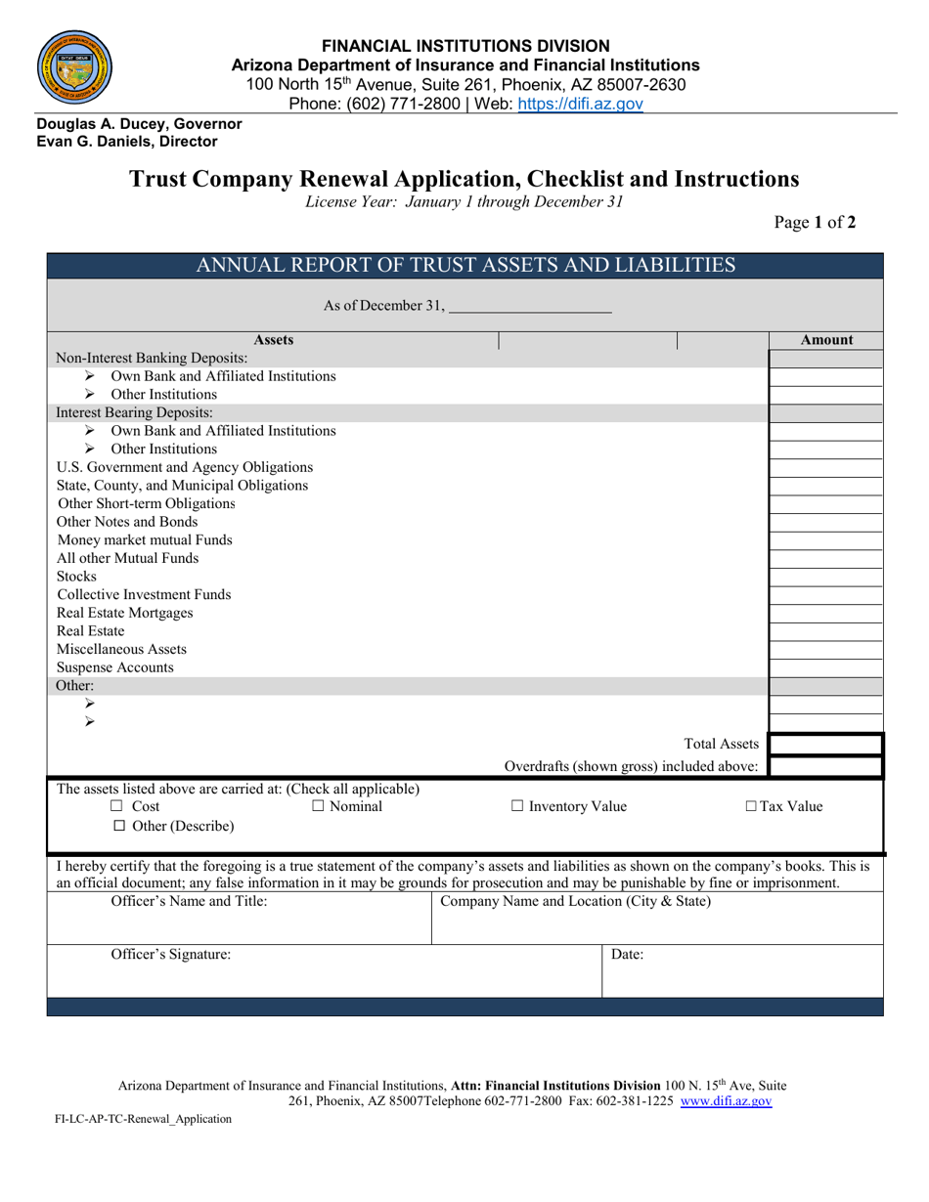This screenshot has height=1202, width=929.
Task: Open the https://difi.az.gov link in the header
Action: [580, 104]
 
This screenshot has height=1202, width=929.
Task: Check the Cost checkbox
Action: [116, 807]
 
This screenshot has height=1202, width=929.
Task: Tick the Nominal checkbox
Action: [319, 807]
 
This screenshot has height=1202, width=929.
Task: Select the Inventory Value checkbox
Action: [518, 807]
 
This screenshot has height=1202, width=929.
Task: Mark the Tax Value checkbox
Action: [751, 807]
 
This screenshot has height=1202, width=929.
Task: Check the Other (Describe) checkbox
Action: [119, 827]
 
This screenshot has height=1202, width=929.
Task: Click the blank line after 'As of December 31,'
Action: [529, 307]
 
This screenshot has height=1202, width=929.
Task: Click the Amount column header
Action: [826, 340]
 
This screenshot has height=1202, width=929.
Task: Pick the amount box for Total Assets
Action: [826, 746]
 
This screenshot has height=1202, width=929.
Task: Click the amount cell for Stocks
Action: [826, 577]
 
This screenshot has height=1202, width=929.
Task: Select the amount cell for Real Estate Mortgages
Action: [826, 613]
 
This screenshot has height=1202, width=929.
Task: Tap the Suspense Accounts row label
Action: [115, 667]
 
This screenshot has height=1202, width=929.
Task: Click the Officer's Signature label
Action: [171, 956]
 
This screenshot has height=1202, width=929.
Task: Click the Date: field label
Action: [627, 956]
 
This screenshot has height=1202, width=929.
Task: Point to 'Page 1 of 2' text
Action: [815, 222]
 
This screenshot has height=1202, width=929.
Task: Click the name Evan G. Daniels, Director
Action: [127, 141]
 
